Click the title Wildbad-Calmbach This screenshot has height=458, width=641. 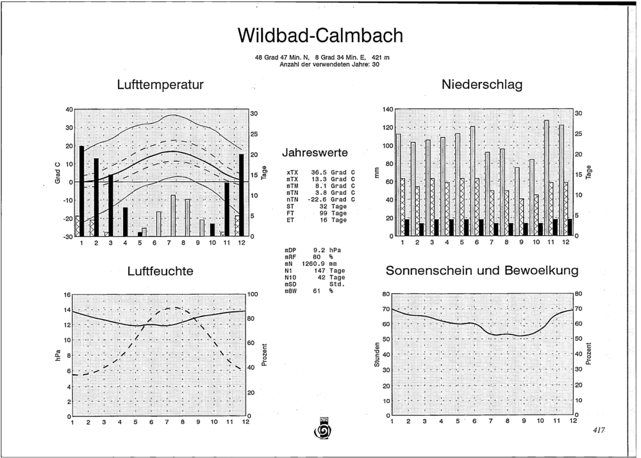click(x=320, y=35)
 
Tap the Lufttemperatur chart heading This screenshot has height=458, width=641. click(x=160, y=85)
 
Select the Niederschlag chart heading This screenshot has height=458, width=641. click(x=482, y=85)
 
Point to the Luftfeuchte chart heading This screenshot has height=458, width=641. click(x=160, y=272)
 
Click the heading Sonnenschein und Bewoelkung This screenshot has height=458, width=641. click(x=482, y=270)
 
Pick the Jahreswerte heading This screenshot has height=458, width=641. click(x=315, y=153)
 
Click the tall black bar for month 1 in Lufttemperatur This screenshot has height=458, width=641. click(x=81, y=191)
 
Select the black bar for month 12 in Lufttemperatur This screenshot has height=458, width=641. click(x=241, y=195)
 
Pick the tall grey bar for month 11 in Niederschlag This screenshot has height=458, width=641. click(x=546, y=177)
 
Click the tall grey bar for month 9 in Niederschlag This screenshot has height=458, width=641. click(x=517, y=201)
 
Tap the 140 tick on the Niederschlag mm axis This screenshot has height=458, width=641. click(x=388, y=110)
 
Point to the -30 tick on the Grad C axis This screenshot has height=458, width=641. click(x=68, y=236)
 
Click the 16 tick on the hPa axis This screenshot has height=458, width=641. click(x=67, y=295)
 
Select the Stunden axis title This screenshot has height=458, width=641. click(x=377, y=355)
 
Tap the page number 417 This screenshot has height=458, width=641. click(x=599, y=430)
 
